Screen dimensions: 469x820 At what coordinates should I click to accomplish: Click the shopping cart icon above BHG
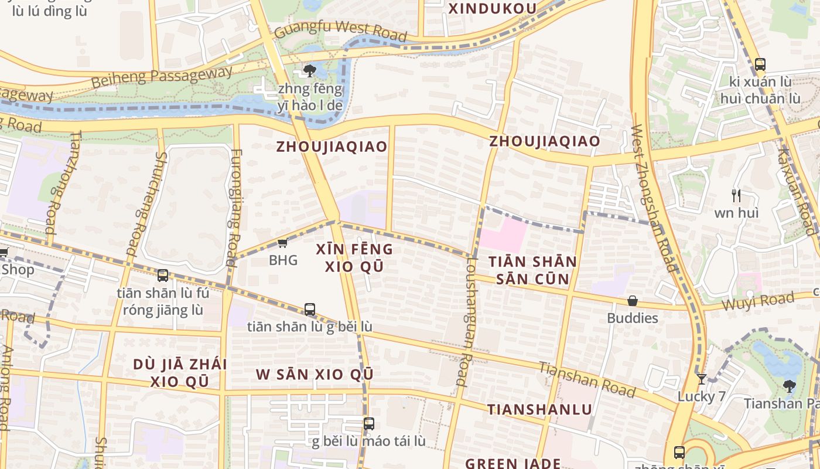point(282,243)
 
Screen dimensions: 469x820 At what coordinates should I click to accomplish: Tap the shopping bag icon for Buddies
point(633,301)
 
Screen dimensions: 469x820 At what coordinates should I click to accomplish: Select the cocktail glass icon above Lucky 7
point(701,379)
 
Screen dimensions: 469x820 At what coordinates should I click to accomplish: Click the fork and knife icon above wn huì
point(736,195)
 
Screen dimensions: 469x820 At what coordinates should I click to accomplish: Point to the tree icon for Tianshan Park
point(789,386)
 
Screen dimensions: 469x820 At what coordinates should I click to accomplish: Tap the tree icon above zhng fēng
point(310,72)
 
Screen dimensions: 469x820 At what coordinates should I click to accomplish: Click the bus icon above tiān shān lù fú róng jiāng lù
point(163,276)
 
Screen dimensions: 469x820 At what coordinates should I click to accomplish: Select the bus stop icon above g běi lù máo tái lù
point(368,424)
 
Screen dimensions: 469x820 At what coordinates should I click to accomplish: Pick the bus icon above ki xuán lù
point(760,64)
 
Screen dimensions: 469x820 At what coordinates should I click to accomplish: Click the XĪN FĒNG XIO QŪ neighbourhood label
point(354,257)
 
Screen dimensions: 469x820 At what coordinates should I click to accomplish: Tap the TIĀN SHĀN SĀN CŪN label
point(533,270)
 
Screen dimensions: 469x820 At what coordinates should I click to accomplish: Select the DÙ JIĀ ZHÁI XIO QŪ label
point(180,372)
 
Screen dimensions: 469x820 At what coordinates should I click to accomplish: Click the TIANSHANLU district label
point(539,409)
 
